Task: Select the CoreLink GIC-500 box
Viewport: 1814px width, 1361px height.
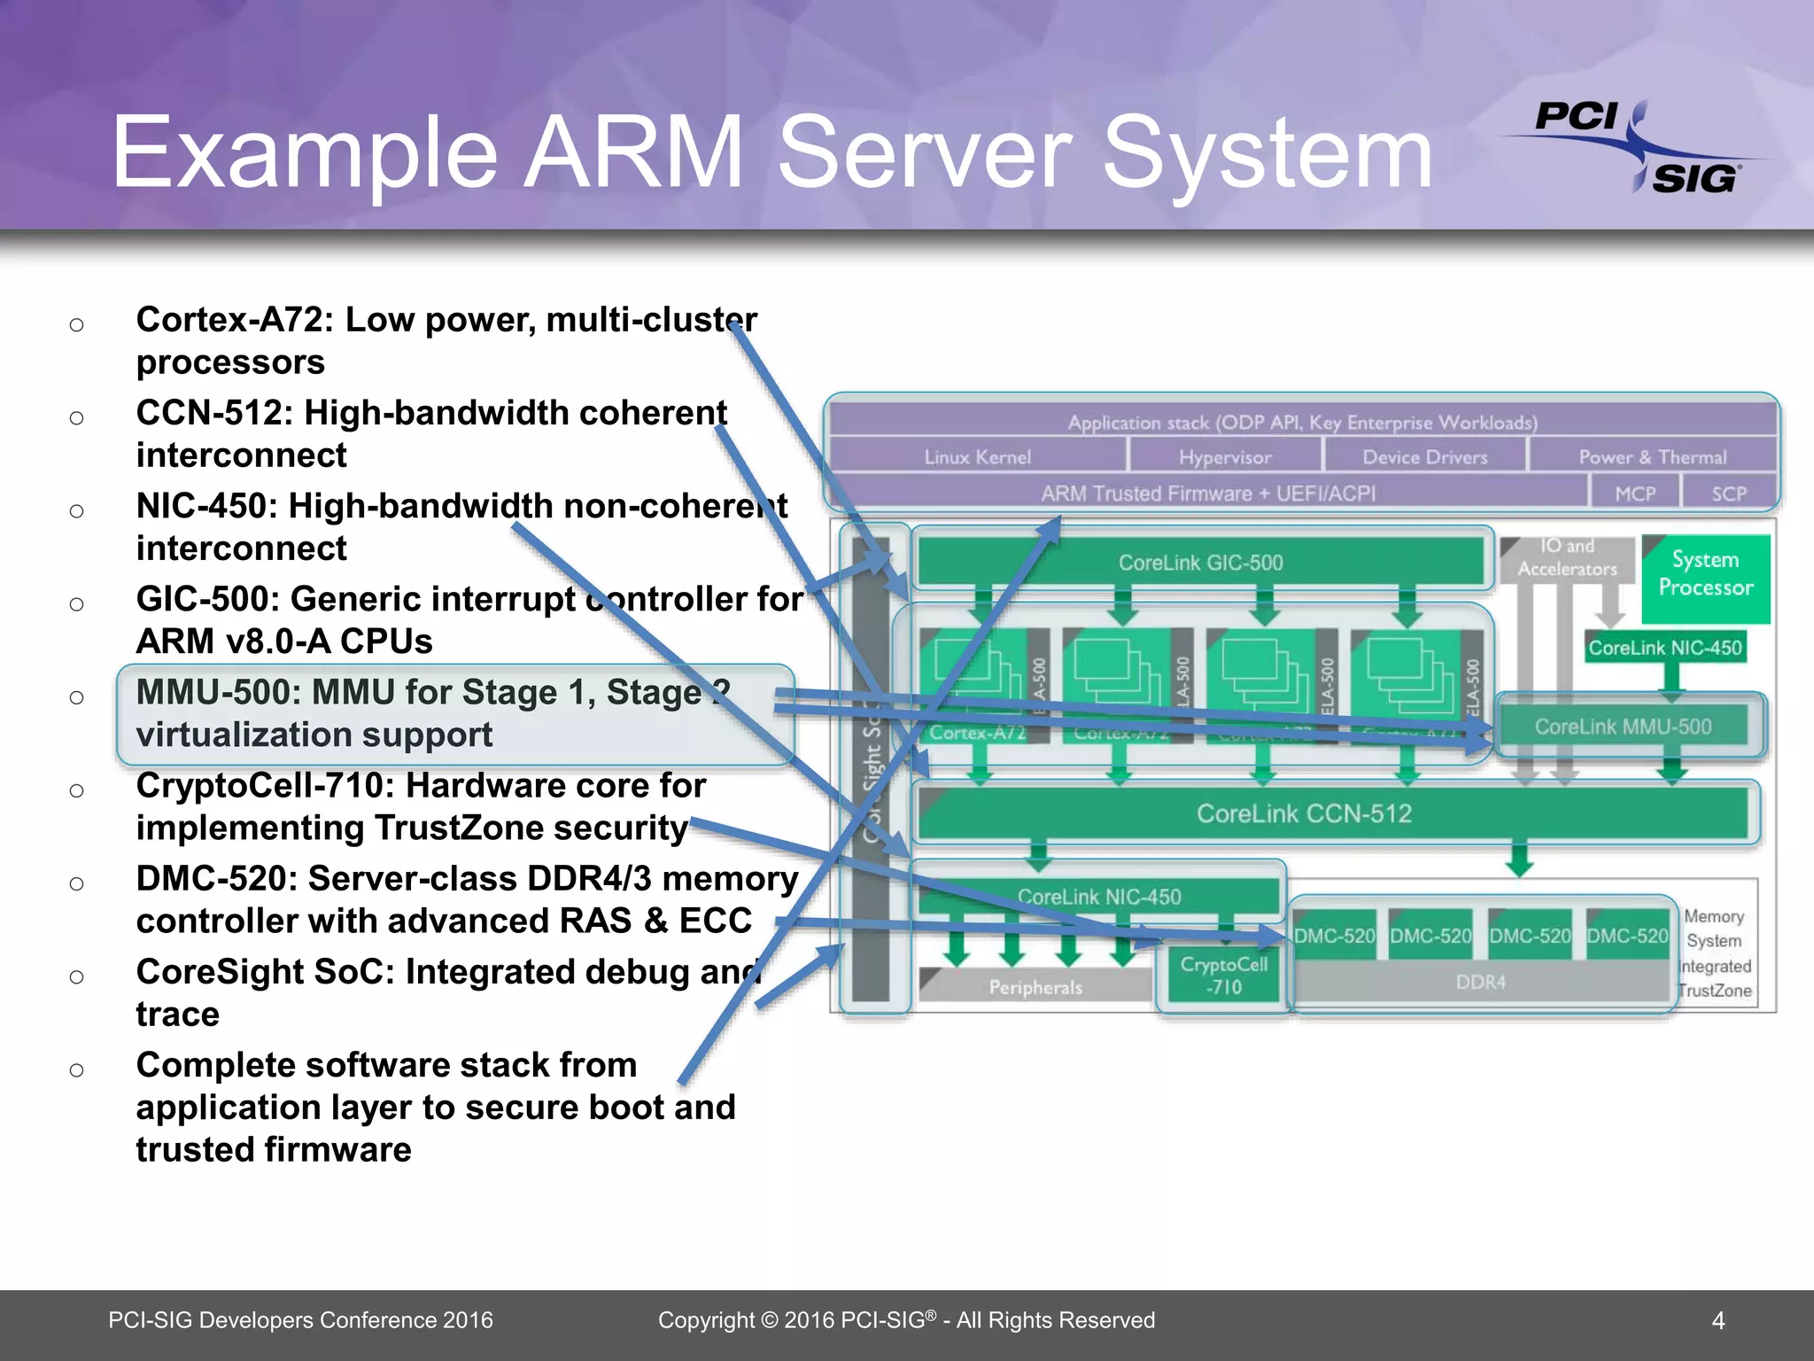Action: (1200, 562)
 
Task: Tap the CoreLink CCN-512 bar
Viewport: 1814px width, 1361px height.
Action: (1303, 813)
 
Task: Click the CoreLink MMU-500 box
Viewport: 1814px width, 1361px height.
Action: (1623, 727)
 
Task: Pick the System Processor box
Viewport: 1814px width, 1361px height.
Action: (1705, 574)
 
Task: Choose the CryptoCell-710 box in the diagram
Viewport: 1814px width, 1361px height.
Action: (1223, 976)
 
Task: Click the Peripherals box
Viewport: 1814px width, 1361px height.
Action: (1035, 987)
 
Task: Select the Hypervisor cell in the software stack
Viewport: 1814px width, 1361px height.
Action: (1225, 457)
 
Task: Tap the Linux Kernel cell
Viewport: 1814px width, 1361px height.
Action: (977, 457)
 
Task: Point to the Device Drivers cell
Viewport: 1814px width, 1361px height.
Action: (1424, 457)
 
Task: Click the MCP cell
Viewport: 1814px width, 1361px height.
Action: (1635, 494)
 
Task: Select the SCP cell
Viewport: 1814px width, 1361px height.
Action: (1729, 494)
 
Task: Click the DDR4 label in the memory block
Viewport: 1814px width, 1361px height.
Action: (1480, 983)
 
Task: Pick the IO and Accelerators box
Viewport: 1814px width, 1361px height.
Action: (1567, 558)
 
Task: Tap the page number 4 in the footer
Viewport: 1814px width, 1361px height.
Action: (1717, 1321)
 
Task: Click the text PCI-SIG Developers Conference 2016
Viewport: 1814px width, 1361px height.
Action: (300, 1320)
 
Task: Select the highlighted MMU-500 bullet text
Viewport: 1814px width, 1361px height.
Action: (433, 714)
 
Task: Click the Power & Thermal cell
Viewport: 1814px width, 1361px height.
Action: (1652, 457)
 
